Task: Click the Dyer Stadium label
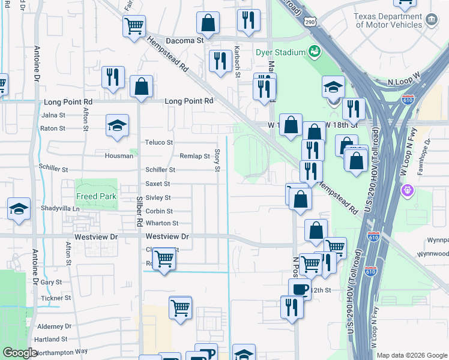point(281,53)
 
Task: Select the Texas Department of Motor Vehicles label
point(388,21)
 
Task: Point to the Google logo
point(20,352)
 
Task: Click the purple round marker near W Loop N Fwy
point(408,191)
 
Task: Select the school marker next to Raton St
point(118,125)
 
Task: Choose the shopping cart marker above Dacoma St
point(134,25)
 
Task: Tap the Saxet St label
point(158,184)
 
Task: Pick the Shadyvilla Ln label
point(60,208)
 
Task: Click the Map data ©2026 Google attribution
point(412,355)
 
